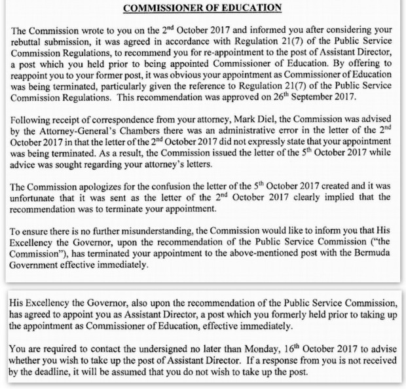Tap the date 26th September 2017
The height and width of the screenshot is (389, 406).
[x=327, y=104]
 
